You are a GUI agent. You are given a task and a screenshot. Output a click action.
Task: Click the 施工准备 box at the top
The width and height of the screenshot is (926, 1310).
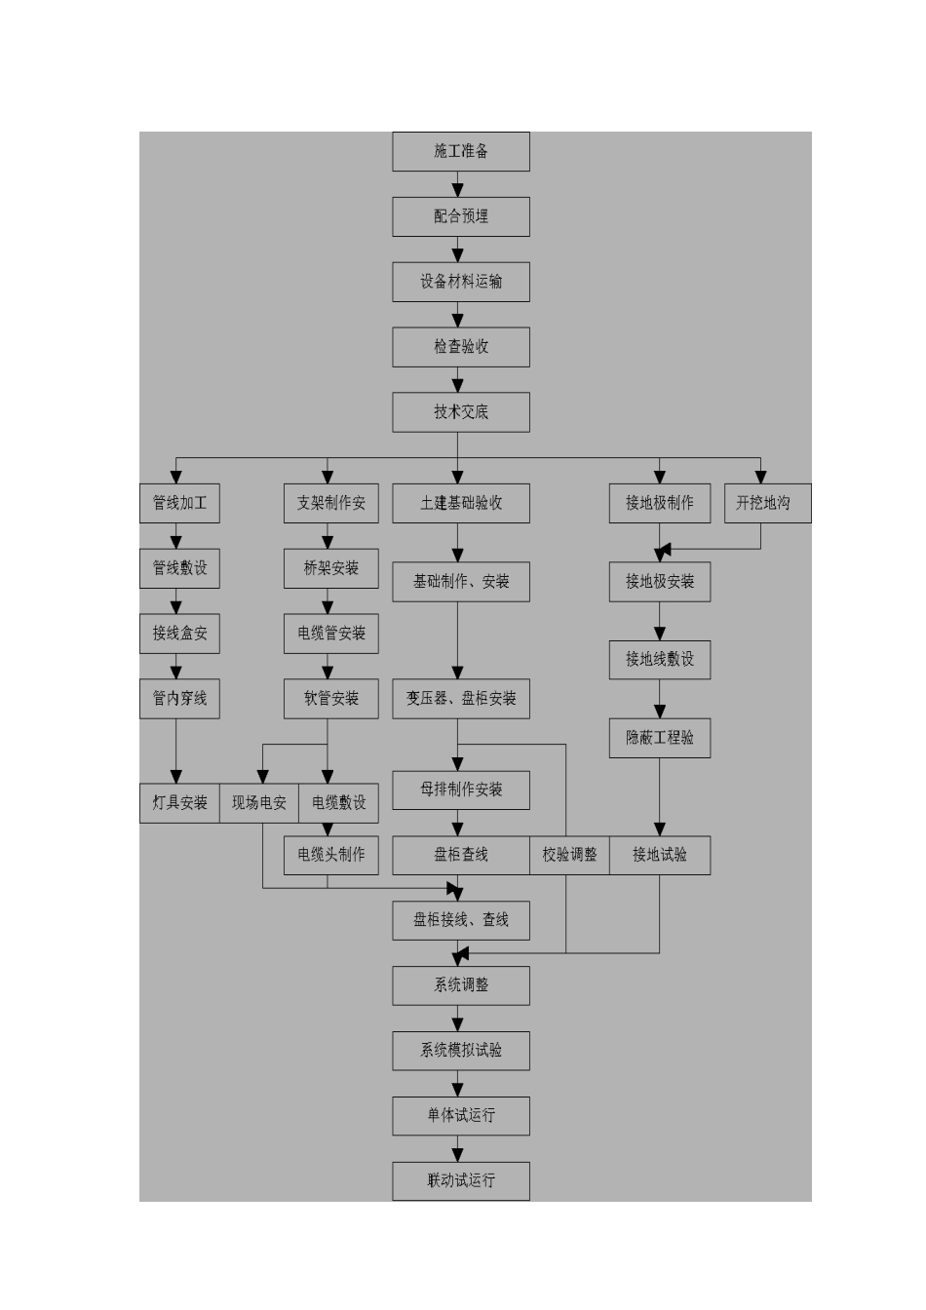461,152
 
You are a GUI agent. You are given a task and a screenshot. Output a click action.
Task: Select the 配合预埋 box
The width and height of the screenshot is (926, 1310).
461,216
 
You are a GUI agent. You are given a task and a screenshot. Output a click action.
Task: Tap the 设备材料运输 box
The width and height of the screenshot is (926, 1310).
461,282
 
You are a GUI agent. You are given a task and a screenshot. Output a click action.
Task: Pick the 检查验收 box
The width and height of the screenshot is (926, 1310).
461,347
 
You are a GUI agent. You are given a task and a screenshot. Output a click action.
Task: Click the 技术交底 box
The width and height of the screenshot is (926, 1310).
461,412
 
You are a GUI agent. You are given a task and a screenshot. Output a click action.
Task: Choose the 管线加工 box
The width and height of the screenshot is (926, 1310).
179,503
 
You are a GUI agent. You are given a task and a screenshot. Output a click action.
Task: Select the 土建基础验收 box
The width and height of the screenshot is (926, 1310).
461,503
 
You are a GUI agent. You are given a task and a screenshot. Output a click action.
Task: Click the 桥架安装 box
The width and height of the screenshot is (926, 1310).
331,568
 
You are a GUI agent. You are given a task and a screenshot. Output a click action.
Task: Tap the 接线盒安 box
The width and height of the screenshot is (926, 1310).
179,634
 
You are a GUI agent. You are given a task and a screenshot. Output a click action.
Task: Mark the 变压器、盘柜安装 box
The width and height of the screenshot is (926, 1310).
461,699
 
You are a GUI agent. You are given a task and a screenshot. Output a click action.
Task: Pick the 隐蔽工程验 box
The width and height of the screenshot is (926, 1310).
660,738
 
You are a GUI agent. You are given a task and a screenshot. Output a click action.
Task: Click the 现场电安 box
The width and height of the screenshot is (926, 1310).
259,803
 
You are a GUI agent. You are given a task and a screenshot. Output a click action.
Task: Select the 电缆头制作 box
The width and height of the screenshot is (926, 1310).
331,855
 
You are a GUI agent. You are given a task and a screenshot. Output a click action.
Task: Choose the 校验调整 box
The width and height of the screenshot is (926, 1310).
570,855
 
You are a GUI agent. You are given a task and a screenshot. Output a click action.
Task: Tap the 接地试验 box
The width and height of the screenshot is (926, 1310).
660,855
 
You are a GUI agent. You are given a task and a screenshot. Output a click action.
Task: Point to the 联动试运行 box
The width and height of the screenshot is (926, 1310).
461,1180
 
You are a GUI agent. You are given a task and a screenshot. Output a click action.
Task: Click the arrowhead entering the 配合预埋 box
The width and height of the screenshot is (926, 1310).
458,190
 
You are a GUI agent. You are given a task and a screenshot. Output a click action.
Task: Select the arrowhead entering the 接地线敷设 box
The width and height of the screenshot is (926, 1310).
660,634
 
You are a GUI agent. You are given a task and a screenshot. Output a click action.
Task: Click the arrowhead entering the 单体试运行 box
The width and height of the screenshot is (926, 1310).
458,1089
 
